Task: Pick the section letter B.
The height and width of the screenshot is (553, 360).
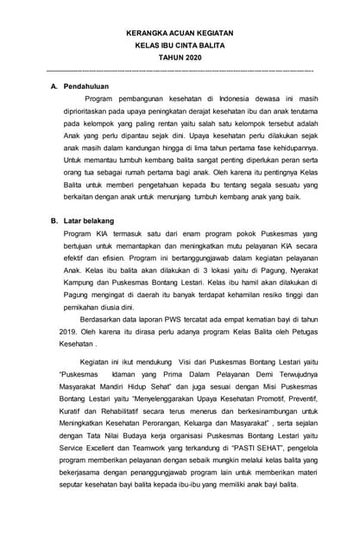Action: (54, 221)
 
